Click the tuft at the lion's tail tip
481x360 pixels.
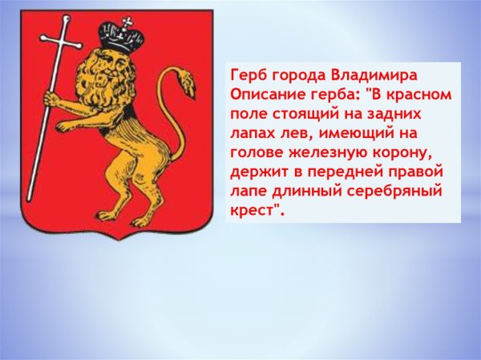click(186, 81)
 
